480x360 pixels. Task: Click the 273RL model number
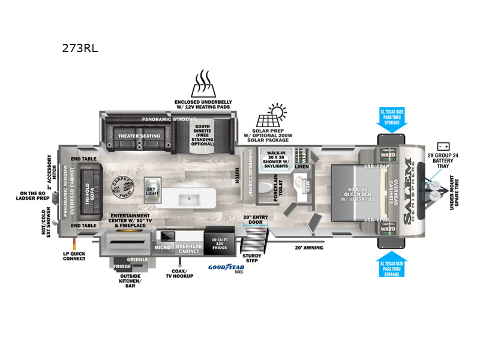point(79,50)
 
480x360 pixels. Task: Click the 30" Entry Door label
point(254,220)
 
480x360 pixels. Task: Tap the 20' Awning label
point(308,247)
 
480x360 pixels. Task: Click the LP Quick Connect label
point(74,256)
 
